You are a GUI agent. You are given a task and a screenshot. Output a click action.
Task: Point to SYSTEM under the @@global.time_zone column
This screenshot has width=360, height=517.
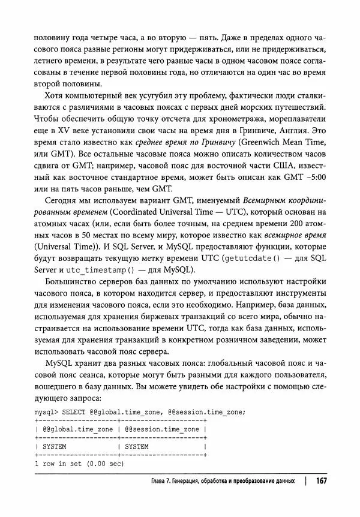click(53, 446)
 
